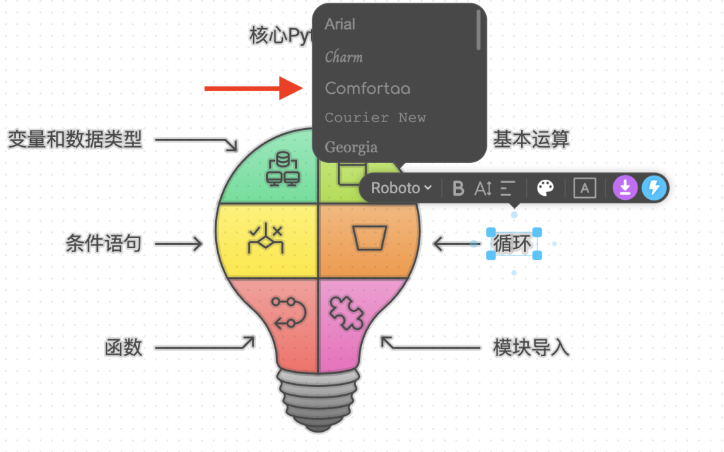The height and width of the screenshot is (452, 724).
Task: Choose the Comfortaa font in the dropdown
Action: coord(367,89)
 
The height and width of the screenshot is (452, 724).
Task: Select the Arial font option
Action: coord(340,25)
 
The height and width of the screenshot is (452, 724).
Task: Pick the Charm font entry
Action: coord(344,58)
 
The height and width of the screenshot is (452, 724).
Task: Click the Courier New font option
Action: coord(375,118)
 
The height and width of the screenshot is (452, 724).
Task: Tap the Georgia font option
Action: coord(351,147)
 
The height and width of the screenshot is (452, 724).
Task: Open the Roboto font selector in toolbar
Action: coord(401,188)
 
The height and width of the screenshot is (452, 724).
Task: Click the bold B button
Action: coord(459,188)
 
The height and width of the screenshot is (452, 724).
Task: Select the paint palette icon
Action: coord(546,188)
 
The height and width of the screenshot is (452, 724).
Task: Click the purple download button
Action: coord(625,188)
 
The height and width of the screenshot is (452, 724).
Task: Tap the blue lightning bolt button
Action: coord(654,188)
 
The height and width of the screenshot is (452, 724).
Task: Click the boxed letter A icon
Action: coord(585,188)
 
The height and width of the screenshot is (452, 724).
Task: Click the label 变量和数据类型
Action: coord(75,139)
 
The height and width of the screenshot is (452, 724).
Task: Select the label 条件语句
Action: coord(103,243)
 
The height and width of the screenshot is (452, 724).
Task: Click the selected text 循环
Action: coord(513,243)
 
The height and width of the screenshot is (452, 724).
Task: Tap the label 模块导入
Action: coord(531,347)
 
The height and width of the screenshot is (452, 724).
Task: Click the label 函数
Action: coord(123,347)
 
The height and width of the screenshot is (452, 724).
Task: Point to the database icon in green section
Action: coord(282,168)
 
